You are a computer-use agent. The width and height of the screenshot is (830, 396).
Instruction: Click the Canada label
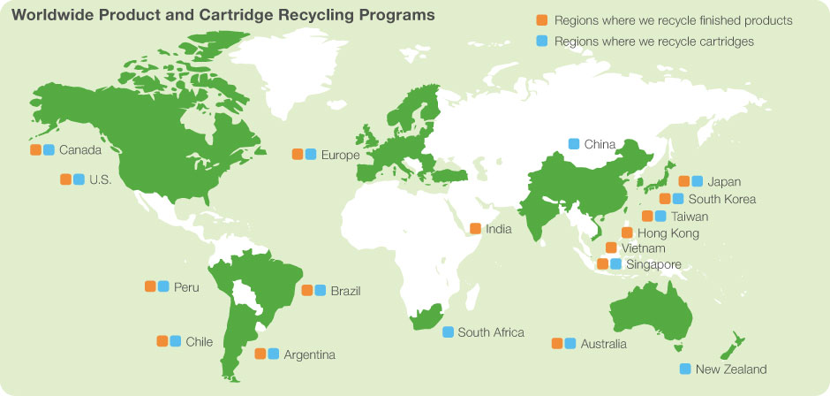tap(79, 150)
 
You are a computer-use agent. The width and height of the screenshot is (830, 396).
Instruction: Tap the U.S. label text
tap(100, 180)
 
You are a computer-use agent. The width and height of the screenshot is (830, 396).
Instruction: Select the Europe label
tap(340, 156)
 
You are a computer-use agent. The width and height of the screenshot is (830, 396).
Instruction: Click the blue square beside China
tap(574, 143)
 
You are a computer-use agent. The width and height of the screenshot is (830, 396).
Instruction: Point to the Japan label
tap(724, 182)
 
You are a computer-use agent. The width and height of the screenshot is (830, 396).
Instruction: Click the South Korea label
tap(721, 199)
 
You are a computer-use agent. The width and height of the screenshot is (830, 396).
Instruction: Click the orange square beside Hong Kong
tap(627, 233)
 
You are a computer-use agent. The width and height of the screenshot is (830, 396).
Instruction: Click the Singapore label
tap(653, 264)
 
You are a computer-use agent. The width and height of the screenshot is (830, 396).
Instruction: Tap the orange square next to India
tap(475, 229)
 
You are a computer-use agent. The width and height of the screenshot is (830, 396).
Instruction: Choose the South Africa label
tap(490, 332)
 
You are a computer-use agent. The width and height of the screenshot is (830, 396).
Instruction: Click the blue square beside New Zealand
tap(685, 369)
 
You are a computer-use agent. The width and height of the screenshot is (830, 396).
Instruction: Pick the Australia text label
tap(604, 344)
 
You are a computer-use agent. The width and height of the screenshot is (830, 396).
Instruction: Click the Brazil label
tap(345, 291)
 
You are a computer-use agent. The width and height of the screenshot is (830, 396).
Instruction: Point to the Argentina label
tap(309, 354)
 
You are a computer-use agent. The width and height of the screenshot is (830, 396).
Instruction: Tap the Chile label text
tap(199, 342)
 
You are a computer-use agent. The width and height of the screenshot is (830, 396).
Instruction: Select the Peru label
tap(186, 287)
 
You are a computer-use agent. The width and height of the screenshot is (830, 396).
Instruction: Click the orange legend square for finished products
tap(541, 20)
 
